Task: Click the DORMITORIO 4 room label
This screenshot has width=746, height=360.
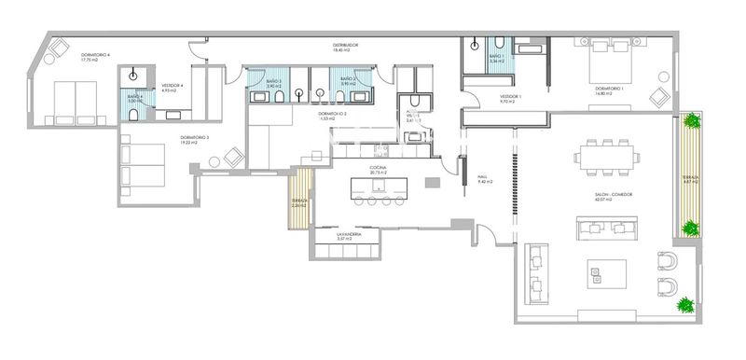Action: coord(95,55)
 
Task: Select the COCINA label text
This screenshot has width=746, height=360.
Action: coord(378,168)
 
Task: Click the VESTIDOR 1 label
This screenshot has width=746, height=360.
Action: coord(510,96)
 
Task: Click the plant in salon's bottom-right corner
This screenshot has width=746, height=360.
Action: coord(685,305)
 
